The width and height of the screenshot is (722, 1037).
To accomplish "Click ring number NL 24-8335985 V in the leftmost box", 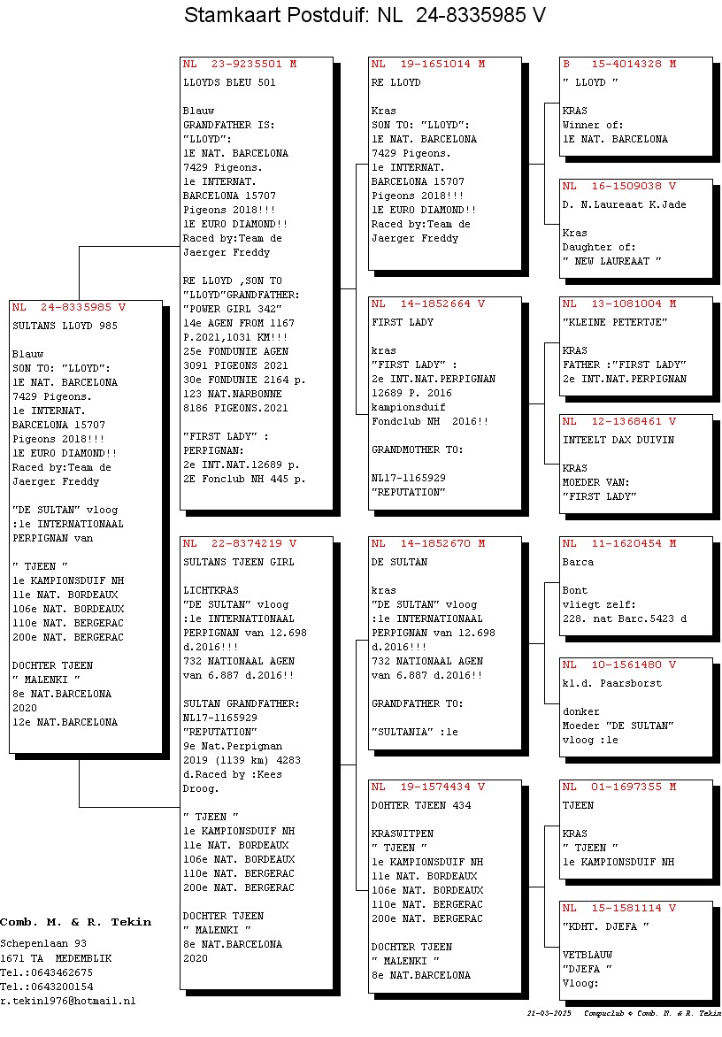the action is pyautogui.click(x=69, y=308).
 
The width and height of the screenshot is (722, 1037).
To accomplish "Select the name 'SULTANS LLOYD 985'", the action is pyautogui.click(x=65, y=326).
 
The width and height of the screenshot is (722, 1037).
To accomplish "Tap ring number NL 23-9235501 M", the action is pyautogui.click(x=240, y=65).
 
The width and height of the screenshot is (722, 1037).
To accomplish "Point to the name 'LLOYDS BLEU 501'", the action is pyautogui.click(x=229, y=82).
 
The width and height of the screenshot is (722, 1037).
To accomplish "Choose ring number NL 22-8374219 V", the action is pyautogui.click(x=240, y=543).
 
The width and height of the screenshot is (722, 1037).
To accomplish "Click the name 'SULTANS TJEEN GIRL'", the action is pyautogui.click(x=239, y=562).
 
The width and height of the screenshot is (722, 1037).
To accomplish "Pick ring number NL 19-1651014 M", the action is pyautogui.click(x=427, y=65).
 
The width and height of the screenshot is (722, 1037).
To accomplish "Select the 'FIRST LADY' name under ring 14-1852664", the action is pyautogui.click(x=402, y=323).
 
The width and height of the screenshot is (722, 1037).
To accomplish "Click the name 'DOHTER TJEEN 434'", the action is pyautogui.click(x=420, y=805).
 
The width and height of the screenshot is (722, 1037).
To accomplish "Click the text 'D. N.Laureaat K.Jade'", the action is pyautogui.click(x=624, y=205).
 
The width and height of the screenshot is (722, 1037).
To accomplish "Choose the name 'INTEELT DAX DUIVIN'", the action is pyautogui.click(x=618, y=440).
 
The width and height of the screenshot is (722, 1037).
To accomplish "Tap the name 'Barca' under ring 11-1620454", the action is pyautogui.click(x=578, y=562).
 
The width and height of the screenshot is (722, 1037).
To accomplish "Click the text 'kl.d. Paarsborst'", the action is pyautogui.click(x=611, y=683).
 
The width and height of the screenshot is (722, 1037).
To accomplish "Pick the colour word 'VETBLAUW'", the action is pyautogui.click(x=588, y=955).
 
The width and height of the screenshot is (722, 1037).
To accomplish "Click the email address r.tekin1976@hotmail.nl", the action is pyautogui.click(x=67, y=1002).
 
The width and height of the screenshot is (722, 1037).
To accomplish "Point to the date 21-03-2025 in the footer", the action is pyautogui.click(x=549, y=1013).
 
